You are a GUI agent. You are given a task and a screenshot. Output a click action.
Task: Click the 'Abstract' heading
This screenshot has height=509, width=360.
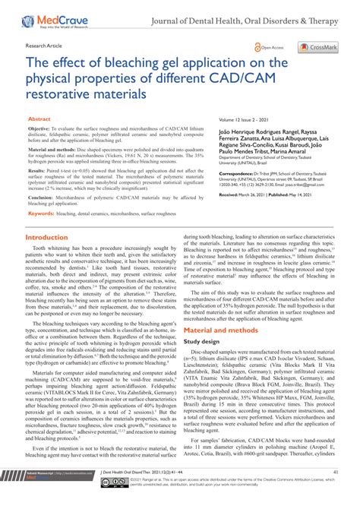39,119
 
